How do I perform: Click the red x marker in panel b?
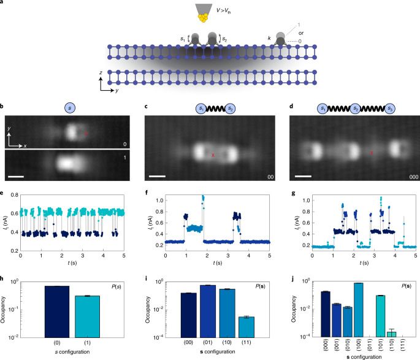(x=86, y=132)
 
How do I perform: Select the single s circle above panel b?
(x=67, y=109)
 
